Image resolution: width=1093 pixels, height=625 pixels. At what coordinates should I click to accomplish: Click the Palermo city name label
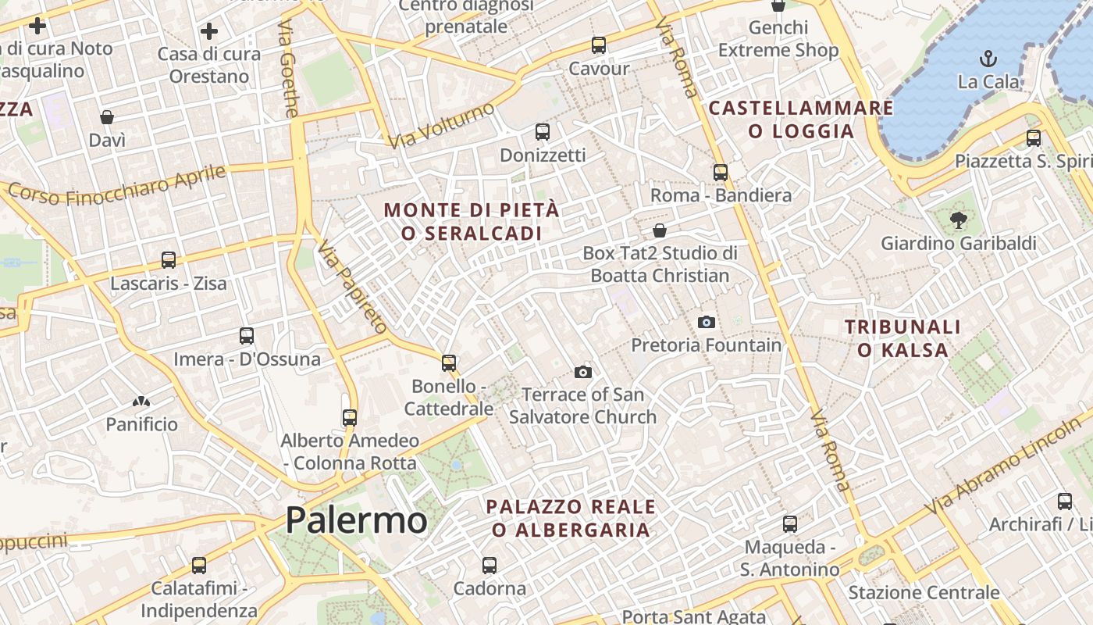[x=356, y=520]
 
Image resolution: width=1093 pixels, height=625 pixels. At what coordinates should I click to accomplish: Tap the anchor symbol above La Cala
[x=988, y=59]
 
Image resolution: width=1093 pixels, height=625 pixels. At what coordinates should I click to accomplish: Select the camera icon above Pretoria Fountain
[x=706, y=322]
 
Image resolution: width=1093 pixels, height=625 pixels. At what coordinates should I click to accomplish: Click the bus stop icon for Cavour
[x=599, y=45]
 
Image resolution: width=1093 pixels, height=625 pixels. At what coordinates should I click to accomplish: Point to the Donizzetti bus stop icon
[x=543, y=132]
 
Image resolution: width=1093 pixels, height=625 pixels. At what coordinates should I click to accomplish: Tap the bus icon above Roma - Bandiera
[x=721, y=172]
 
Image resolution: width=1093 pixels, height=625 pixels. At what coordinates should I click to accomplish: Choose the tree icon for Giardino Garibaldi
[x=959, y=220]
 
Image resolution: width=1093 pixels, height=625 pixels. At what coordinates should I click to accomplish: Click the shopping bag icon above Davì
[x=107, y=117]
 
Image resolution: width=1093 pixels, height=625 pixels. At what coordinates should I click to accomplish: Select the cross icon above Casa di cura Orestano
[x=208, y=31]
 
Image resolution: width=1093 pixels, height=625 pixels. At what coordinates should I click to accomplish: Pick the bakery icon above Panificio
[x=141, y=402]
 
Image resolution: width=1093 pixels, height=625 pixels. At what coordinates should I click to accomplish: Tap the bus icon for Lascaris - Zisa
[x=169, y=259]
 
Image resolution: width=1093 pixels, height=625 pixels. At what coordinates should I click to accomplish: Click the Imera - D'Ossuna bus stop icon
[x=247, y=336]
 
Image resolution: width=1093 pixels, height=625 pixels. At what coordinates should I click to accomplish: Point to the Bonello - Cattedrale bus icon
[x=449, y=362]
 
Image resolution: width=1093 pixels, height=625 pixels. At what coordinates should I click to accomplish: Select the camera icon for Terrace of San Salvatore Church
[x=582, y=372]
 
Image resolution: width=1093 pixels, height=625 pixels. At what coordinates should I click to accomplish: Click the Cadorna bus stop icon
[x=490, y=565]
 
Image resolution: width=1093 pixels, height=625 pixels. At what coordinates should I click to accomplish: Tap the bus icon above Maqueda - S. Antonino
[x=790, y=523]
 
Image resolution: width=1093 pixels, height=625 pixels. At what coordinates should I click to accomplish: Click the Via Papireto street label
[x=352, y=287]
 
